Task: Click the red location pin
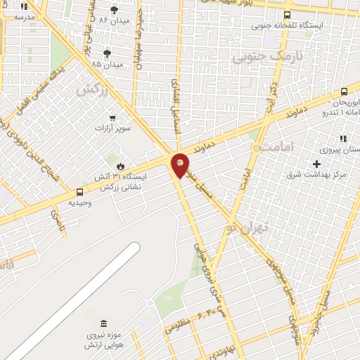click(x=180, y=165)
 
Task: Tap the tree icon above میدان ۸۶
click(x=115, y=10)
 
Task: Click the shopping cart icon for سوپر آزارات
click(x=112, y=118)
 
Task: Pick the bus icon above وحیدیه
click(x=79, y=191)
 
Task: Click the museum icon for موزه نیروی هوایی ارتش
click(x=104, y=323)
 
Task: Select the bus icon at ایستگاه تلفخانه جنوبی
click(x=287, y=14)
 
